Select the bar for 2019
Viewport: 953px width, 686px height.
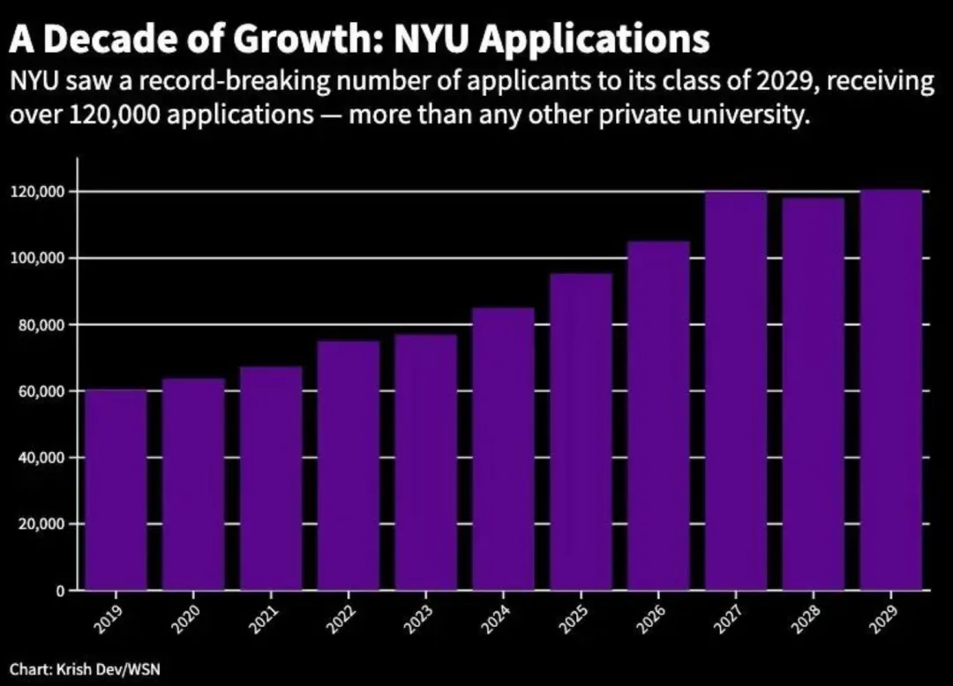[x=116, y=490]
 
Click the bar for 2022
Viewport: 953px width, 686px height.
[x=349, y=466]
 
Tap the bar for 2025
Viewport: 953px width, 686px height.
[x=581, y=432]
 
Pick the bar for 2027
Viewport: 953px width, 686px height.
[x=736, y=391]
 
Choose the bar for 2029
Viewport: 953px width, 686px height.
[x=891, y=390]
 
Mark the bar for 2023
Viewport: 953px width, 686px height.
[x=426, y=462]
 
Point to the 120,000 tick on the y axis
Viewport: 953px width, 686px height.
[x=40, y=192]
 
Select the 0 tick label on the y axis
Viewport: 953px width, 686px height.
[x=63, y=591]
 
